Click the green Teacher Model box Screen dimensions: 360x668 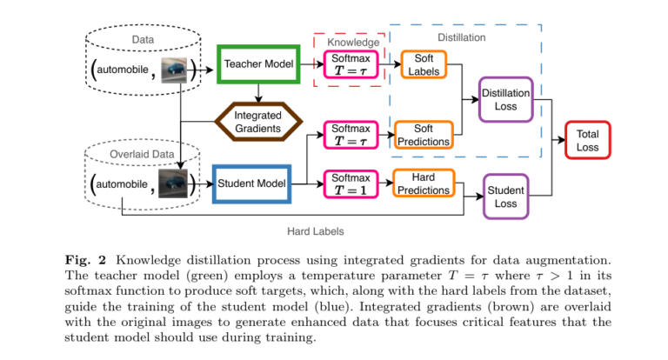[x=258, y=63]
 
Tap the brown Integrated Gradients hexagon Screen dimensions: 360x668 [x=257, y=123]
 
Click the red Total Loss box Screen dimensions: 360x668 [x=587, y=141]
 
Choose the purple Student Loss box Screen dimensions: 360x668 [x=506, y=197]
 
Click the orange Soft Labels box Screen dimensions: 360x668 [x=424, y=63]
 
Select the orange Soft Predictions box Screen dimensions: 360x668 [x=424, y=135]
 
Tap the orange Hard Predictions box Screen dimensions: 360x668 [x=423, y=183]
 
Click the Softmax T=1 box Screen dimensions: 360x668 [x=352, y=183]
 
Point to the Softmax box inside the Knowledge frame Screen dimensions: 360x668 [x=352, y=63]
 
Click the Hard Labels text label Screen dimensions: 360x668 [x=315, y=231]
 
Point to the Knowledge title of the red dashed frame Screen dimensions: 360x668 [x=353, y=42]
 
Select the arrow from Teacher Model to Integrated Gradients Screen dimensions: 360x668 [x=258, y=93]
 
